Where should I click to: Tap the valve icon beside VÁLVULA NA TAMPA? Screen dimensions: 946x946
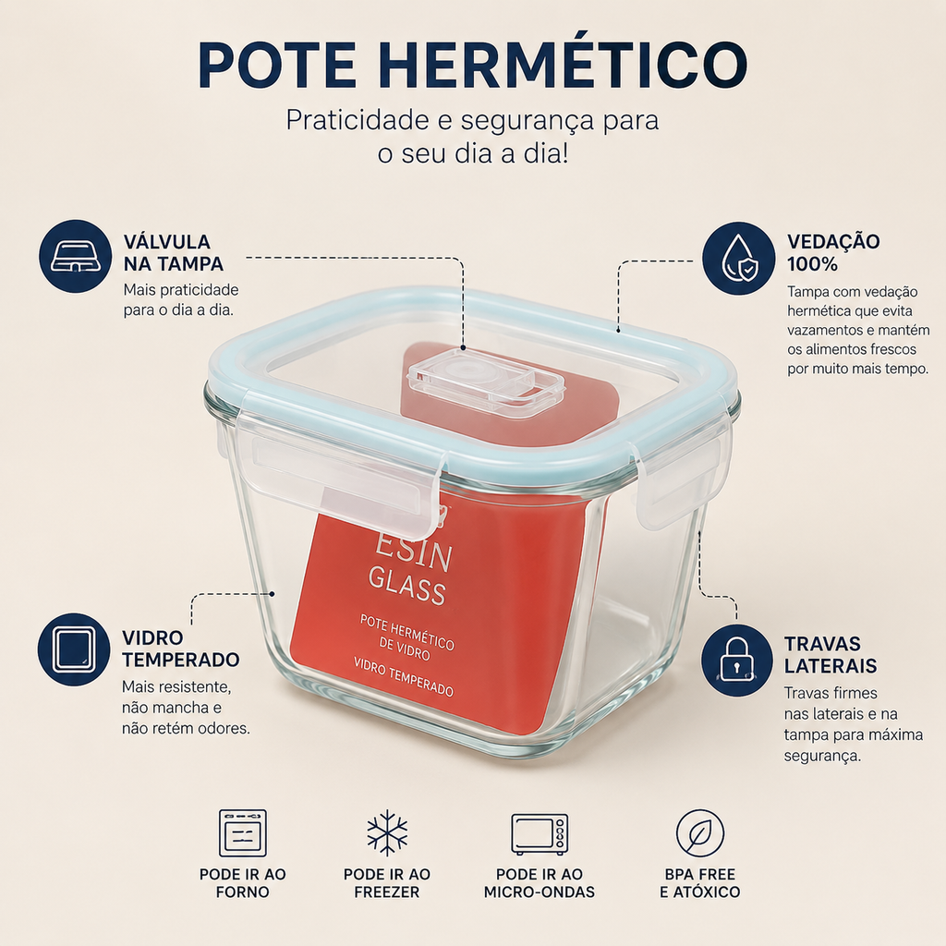76,257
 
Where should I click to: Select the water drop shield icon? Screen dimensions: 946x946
739,259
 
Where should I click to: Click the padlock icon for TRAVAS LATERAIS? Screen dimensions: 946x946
737,660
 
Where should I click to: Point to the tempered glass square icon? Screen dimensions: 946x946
74,649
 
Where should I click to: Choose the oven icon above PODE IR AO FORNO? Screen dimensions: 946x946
243,833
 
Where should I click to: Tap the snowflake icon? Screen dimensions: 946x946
387,833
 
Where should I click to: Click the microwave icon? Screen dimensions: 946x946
540,834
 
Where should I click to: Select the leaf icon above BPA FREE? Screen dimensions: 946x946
700,833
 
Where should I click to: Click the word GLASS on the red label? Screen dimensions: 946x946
407,586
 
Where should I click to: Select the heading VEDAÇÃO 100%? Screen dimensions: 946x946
833,253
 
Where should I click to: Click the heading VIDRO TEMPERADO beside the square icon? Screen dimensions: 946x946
180,649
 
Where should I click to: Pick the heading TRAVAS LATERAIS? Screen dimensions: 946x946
831,655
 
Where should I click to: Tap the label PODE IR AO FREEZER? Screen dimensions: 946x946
387,883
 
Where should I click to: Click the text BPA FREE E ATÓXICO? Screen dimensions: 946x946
700,883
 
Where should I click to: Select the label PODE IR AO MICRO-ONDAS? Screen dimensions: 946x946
540,883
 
